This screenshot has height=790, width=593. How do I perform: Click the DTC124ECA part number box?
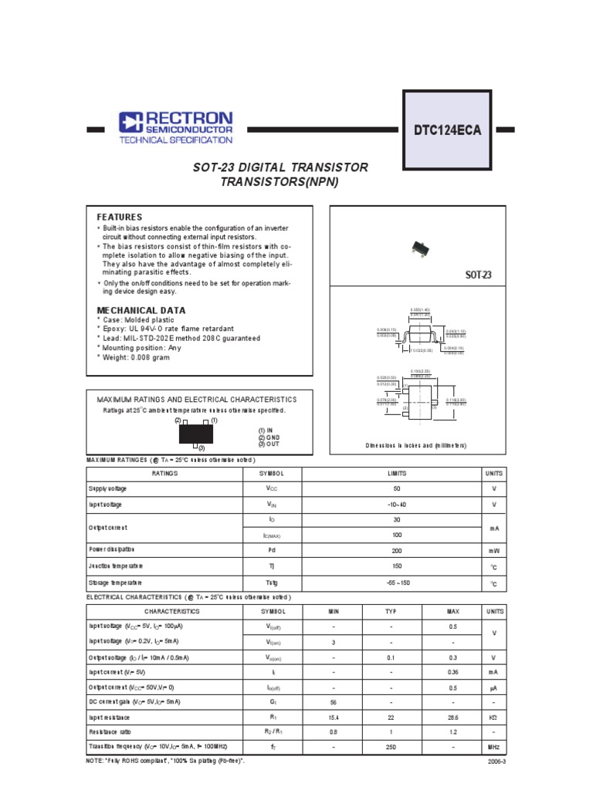tap(447, 130)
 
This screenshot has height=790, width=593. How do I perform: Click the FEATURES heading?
tap(119, 218)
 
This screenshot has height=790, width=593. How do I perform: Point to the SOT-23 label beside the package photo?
tap(478, 275)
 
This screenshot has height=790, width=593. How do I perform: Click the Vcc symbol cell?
tap(271, 488)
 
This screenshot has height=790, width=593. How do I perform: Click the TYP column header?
tap(391, 611)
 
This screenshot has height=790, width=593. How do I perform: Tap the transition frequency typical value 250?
tap(391, 747)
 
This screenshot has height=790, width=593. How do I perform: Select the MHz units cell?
tap(493, 747)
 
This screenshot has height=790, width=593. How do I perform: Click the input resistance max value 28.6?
tap(452, 717)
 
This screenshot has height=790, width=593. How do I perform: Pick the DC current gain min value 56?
tap(334, 701)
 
